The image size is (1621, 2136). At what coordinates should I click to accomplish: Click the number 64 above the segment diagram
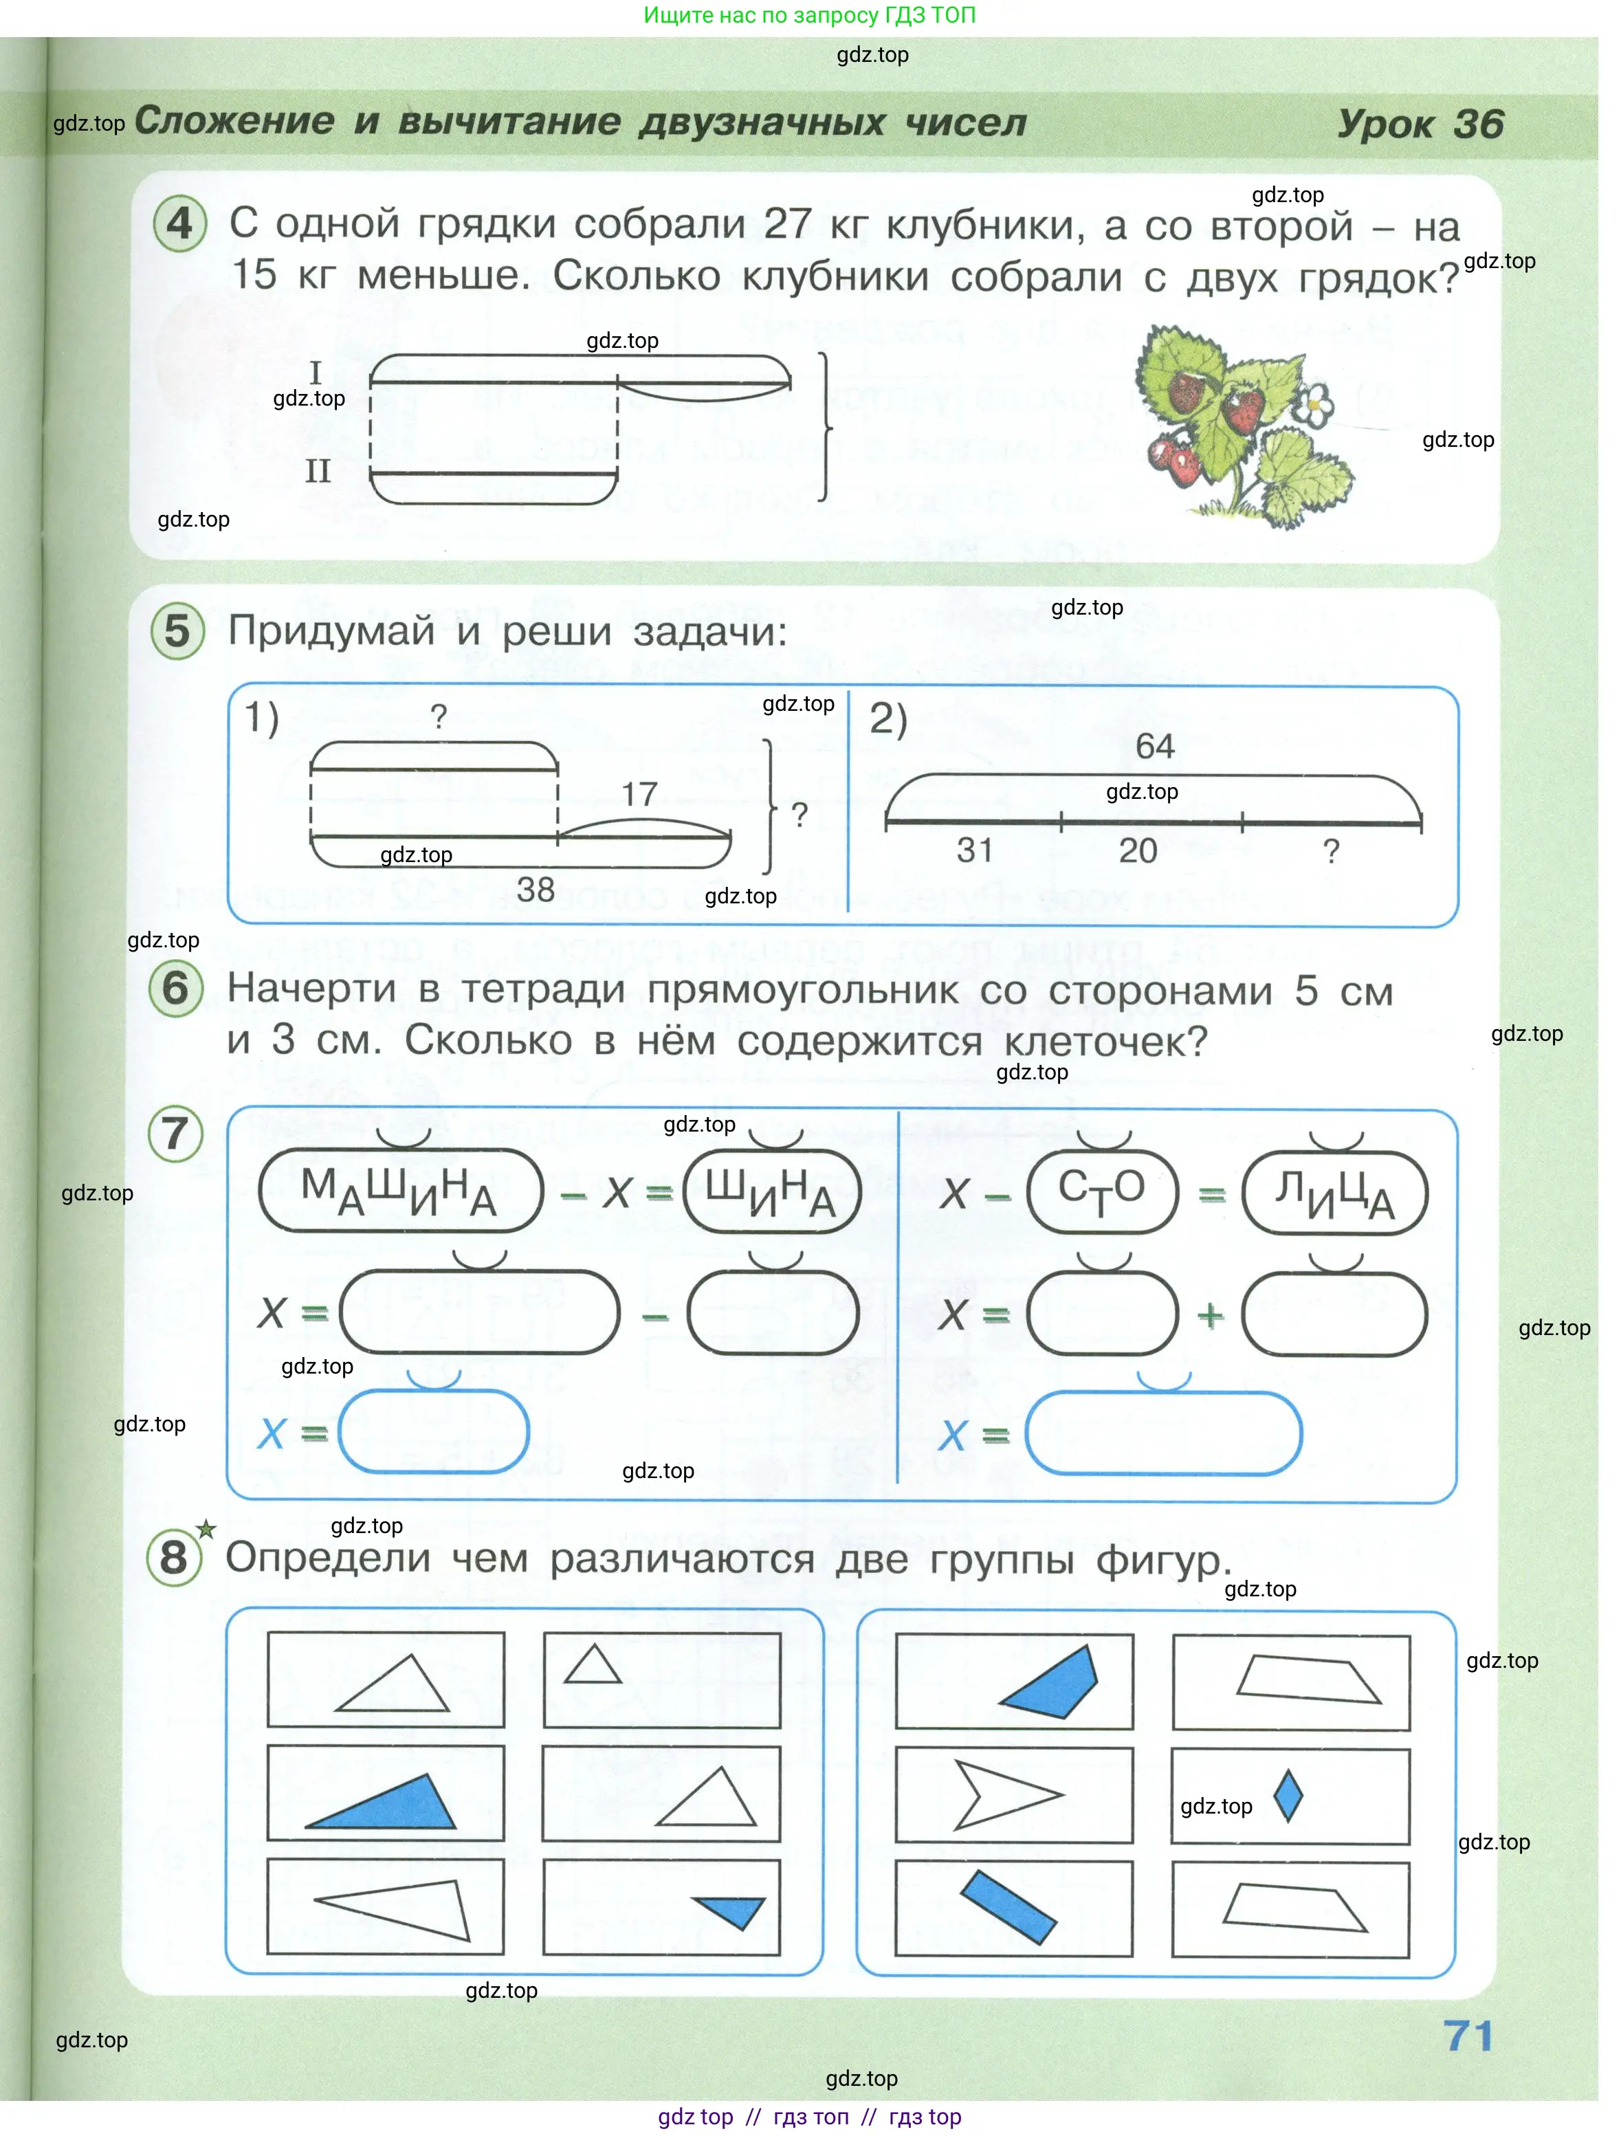point(1155,747)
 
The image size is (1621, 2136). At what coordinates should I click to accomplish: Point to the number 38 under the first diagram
point(536,890)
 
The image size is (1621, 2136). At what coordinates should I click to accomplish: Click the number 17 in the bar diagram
point(639,795)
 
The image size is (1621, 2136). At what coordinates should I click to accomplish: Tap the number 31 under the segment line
point(975,850)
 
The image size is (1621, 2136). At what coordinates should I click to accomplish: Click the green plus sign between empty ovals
point(1211,1315)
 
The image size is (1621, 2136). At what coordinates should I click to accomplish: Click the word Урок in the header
point(1385,124)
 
